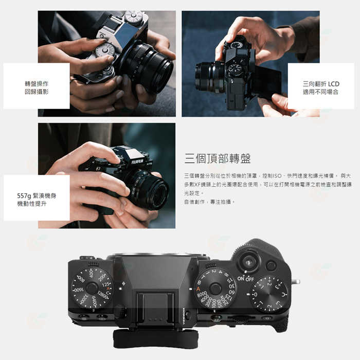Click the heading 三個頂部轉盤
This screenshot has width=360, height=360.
pyautogui.click(x=218, y=158)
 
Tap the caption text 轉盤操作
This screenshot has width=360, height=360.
pyautogui.click(x=37, y=83)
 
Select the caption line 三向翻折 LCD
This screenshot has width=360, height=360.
pyautogui.click(x=321, y=84)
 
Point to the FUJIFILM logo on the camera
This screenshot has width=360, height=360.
pyautogui.click(x=137, y=161)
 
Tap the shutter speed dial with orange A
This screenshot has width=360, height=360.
pyautogui.click(x=215, y=289)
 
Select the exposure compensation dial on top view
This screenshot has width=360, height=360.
pyautogui.click(x=269, y=294)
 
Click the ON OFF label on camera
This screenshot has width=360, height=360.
pyautogui.click(x=245, y=278)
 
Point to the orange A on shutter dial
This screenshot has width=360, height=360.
pyautogui.click(x=199, y=289)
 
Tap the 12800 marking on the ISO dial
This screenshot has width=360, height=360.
pyautogui.click(x=103, y=295)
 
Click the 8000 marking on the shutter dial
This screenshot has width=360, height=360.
pyautogui.click(x=202, y=295)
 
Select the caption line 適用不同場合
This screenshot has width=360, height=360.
pyautogui.click(x=321, y=92)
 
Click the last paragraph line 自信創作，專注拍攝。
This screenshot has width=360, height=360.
pyautogui.click(x=209, y=202)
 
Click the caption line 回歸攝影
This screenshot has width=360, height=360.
pyautogui.click(x=37, y=92)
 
